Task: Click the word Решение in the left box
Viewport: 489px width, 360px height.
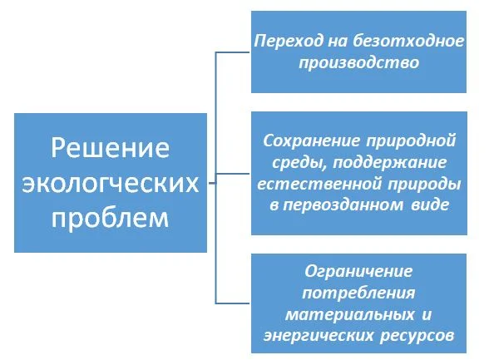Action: tap(110, 148)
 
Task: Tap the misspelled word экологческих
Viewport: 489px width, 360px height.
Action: tap(111, 183)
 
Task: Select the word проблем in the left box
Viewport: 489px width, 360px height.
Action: tap(110, 218)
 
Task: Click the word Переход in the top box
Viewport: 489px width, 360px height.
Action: tap(289, 42)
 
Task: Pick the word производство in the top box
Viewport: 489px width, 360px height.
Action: tap(359, 63)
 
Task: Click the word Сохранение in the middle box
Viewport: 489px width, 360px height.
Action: tap(312, 141)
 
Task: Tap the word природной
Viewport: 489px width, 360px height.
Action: tap(412, 141)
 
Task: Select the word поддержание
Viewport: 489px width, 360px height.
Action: tap(389, 163)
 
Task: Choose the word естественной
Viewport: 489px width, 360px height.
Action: tap(319, 185)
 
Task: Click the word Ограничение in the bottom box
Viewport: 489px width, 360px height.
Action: tap(358, 272)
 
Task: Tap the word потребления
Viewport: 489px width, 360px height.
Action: tap(359, 293)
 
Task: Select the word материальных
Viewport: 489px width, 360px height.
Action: tap(350, 315)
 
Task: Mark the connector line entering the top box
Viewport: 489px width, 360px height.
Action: tap(233, 52)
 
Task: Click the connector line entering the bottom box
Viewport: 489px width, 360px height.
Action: tap(233, 303)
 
